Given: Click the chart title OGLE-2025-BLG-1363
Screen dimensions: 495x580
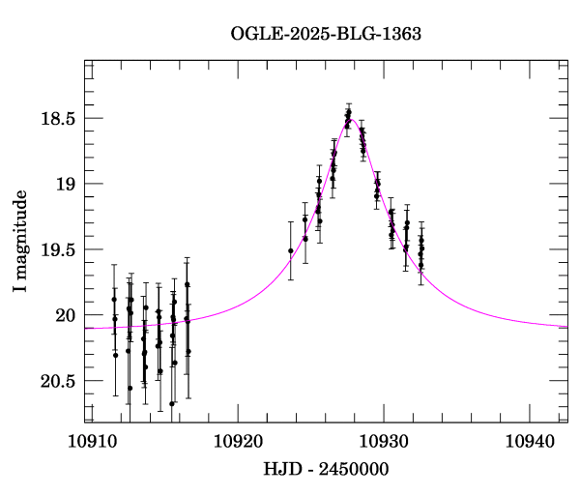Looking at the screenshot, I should click(x=326, y=34).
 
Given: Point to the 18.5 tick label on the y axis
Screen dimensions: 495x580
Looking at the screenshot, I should click(x=56, y=119).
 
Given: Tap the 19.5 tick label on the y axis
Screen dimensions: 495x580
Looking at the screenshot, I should click(x=56, y=249).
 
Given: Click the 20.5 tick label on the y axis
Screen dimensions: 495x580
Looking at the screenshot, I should click(x=56, y=381).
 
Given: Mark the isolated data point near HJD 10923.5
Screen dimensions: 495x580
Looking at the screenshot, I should click(x=291, y=251).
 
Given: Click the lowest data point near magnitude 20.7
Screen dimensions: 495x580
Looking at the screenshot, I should click(x=172, y=403).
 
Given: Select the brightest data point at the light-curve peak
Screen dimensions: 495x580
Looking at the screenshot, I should click(x=348, y=112).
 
